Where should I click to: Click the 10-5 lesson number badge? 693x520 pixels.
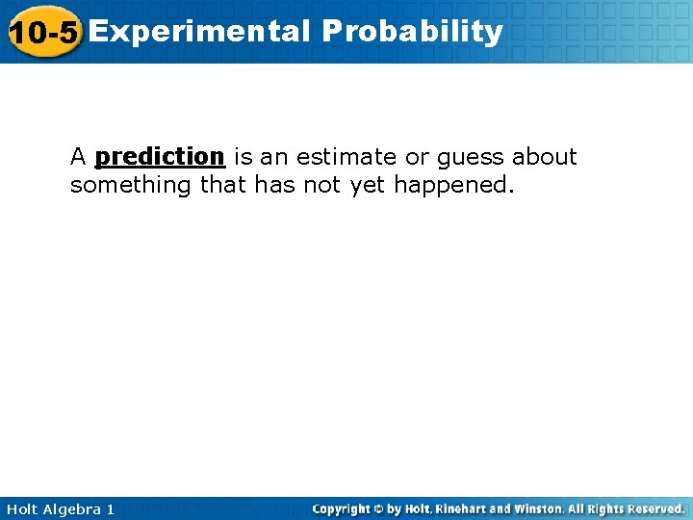pyautogui.click(x=41, y=32)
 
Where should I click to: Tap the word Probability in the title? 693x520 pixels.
pyautogui.click(x=413, y=32)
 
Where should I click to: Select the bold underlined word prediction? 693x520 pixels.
pyautogui.click(x=160, y=156)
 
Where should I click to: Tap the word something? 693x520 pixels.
pyautogui.click(x=131, y=186)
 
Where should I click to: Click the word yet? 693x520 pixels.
pyautogui.click(x=367, y=186)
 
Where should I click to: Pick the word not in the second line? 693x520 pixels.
pyautogui.click(x=322, y=185)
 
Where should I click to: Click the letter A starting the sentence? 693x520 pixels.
pyautogui.click(x=78, y=156)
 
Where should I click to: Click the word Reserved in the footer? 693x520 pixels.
pyautogui.click(x=655, y=508)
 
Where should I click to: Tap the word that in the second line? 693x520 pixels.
pyautogui.click(x=223, y=185)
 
